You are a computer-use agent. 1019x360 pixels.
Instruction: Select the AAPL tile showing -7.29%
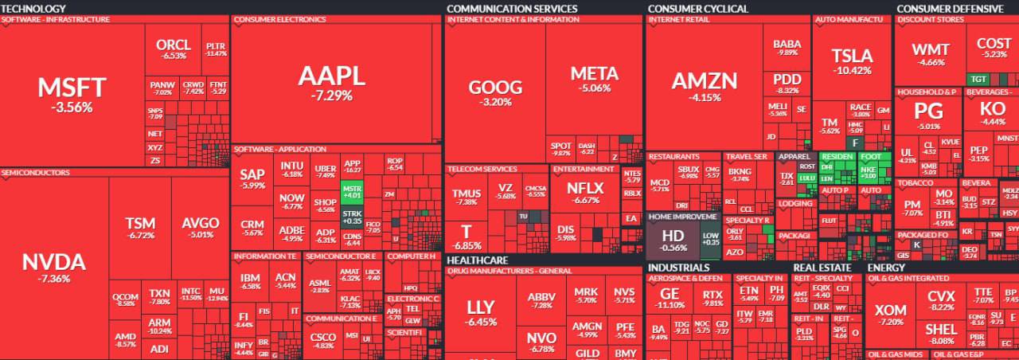coord(331,81)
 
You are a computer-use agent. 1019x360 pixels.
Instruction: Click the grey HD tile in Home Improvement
coord(673,240)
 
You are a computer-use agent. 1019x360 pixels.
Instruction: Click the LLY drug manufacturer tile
coord(481,312)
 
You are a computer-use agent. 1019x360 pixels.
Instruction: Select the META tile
coord(594,79)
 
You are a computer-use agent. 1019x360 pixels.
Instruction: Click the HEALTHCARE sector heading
coord(478,260)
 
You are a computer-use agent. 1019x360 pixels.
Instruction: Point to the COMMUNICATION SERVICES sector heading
coord(512,9)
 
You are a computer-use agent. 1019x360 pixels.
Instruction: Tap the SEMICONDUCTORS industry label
coord(36,172)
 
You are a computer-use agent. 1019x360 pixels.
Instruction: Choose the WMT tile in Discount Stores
coord(930,53)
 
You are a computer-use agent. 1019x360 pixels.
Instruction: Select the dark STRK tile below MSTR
coord(351,217)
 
